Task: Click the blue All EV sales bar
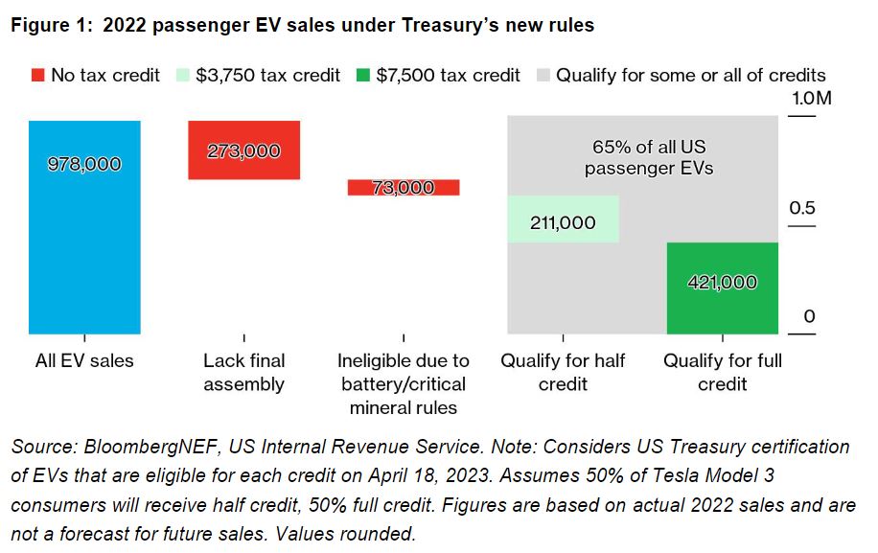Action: pos(84,227)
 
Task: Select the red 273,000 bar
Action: pos(244,150)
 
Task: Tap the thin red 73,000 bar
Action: pos(404,188)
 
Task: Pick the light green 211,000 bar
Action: pos(564,219)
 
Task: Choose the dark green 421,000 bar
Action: pos(723,288)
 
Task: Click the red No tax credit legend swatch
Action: pos(38,75)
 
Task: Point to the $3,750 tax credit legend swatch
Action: pos(182,75)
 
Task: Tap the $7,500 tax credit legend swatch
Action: pos(363,75)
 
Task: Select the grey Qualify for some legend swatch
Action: pos(543,75)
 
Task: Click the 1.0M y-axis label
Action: pos(811,99)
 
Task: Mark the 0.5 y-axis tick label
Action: pos(802,208)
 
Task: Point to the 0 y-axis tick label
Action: pos(809,317)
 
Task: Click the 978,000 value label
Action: pos(84,164)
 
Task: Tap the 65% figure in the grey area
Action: pos(612,147)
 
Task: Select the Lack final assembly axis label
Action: pos(244,372)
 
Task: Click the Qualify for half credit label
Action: pos(563,372)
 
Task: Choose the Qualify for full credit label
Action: pos(723,372)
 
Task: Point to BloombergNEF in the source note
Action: pos(150,447)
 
